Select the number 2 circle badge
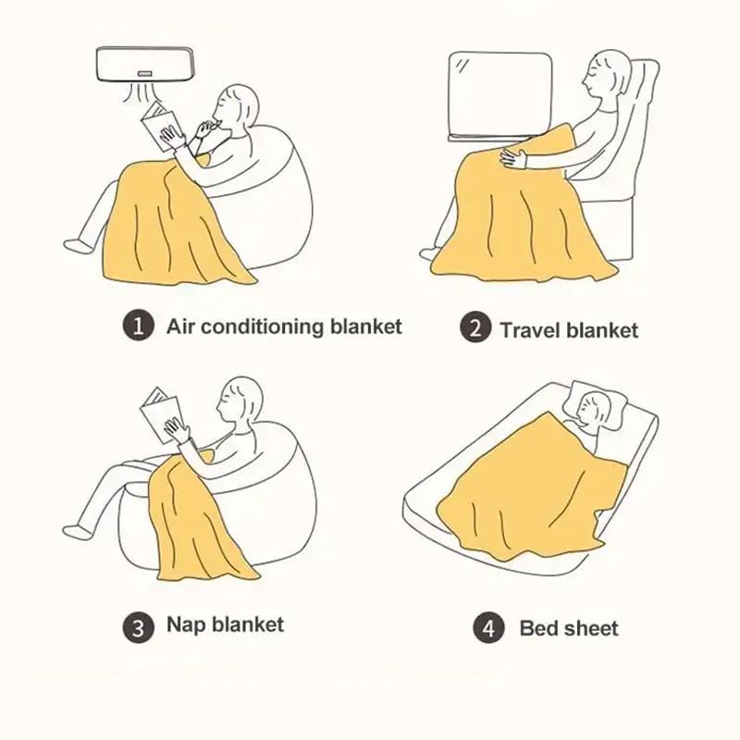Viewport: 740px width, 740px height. [x=475, y=328]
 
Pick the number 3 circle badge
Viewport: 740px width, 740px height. [x=136, y=628]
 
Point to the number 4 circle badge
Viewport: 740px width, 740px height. [x=488, y=629]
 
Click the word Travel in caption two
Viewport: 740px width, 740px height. [x=531, y=329]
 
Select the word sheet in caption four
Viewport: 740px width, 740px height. [x=589, y=629]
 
